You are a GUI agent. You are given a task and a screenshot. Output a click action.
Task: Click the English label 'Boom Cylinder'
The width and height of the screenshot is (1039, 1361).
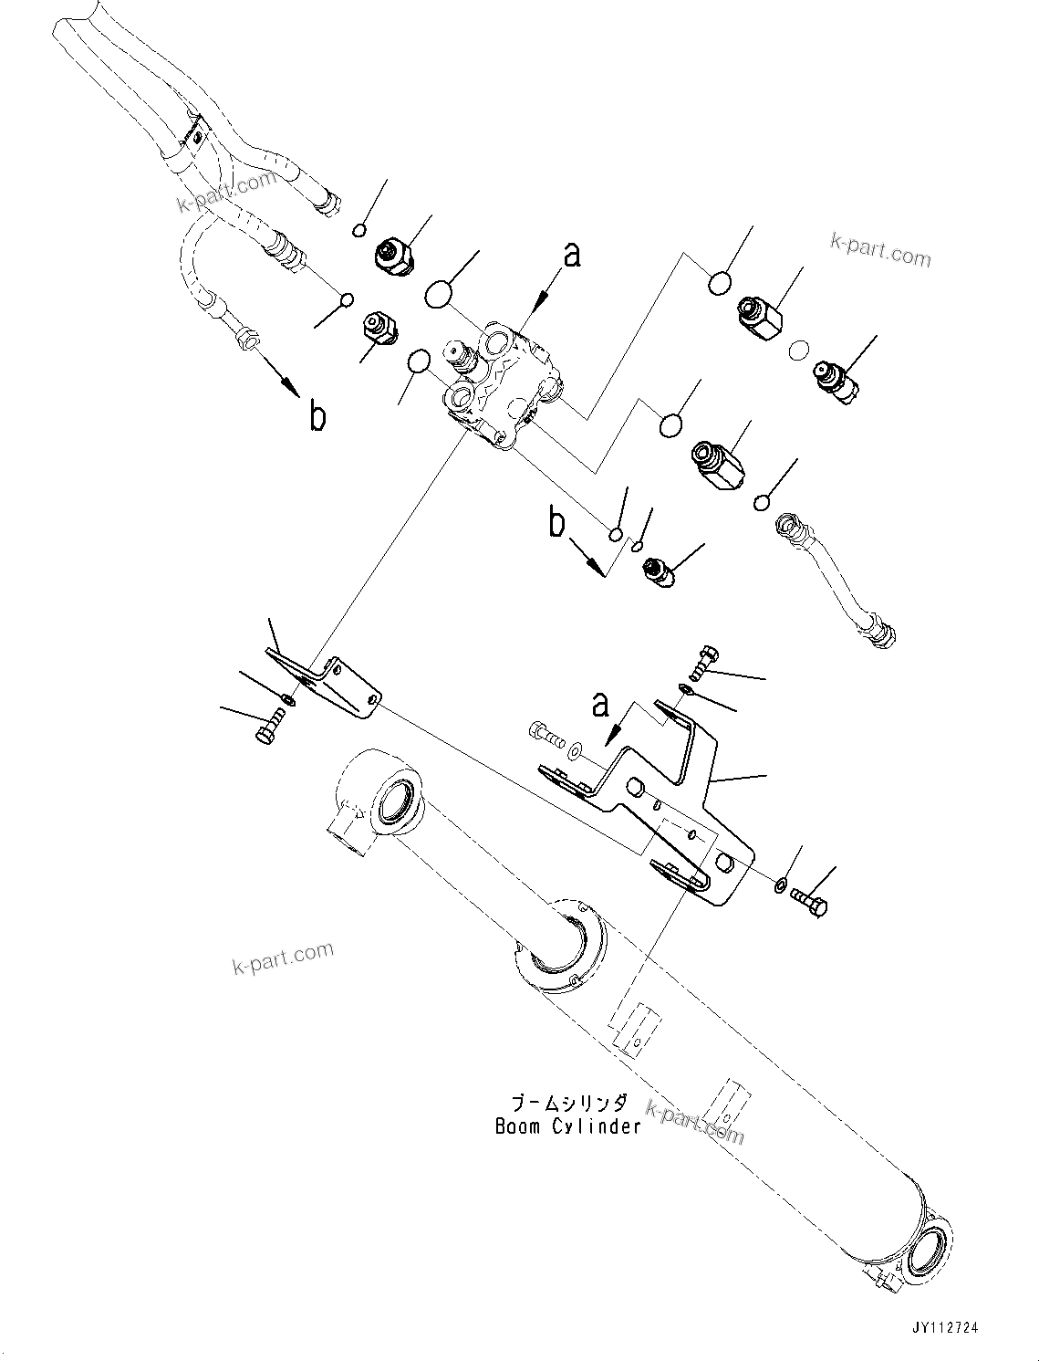click(x=567, y=1126)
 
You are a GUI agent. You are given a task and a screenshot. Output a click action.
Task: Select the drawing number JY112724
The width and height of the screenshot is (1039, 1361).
click(x=943, y=1328)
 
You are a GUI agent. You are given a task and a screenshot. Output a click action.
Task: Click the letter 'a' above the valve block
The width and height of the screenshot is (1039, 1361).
click(x=571, y=255)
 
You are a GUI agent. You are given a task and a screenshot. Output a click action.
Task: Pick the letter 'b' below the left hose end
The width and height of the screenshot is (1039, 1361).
click(x=317, y=416)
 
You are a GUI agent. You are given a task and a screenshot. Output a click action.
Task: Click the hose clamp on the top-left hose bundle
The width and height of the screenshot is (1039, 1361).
click(x=193, y=137)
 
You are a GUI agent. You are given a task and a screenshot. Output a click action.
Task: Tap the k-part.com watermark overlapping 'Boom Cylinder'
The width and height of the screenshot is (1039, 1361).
click(x=695, y=1122)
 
